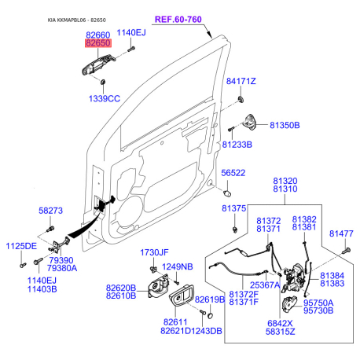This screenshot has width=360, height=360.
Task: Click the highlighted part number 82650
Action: click(98, 43)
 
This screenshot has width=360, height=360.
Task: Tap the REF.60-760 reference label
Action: click(178, 20)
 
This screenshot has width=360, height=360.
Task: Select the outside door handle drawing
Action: click(99, 65)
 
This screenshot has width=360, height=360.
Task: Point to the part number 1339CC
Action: click(105, 99)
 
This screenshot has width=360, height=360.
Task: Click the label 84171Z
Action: click(241, 81)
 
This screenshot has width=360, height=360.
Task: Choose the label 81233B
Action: click(237, 145)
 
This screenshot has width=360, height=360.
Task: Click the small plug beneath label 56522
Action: click(227, 193)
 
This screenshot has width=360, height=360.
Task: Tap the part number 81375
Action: click(233, 208)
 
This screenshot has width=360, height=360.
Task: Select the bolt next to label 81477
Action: click(346, 251)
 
